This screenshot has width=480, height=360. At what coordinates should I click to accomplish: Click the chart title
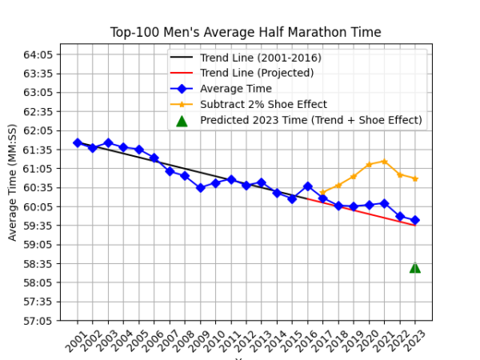[246, 33]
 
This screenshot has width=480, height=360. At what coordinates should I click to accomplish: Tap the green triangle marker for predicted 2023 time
[415, 267]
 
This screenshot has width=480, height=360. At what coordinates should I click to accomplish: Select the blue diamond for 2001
[78, 142]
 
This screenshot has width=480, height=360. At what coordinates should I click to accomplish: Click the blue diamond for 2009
[201, 188]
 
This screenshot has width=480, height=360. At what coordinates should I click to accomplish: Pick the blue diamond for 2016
[308, 186]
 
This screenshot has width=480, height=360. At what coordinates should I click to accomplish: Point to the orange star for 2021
[385, 162]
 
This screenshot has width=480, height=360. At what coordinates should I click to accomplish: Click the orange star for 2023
[415, 178]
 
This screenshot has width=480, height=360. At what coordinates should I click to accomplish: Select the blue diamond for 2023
[415, 220]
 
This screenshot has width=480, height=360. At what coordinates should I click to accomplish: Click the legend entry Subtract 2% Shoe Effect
[263, 105]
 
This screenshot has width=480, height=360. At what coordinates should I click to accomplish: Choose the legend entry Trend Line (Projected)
[257, 73]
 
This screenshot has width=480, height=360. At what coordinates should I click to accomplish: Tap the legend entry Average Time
[235, 89]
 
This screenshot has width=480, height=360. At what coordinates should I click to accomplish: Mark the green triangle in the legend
[182, 121]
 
